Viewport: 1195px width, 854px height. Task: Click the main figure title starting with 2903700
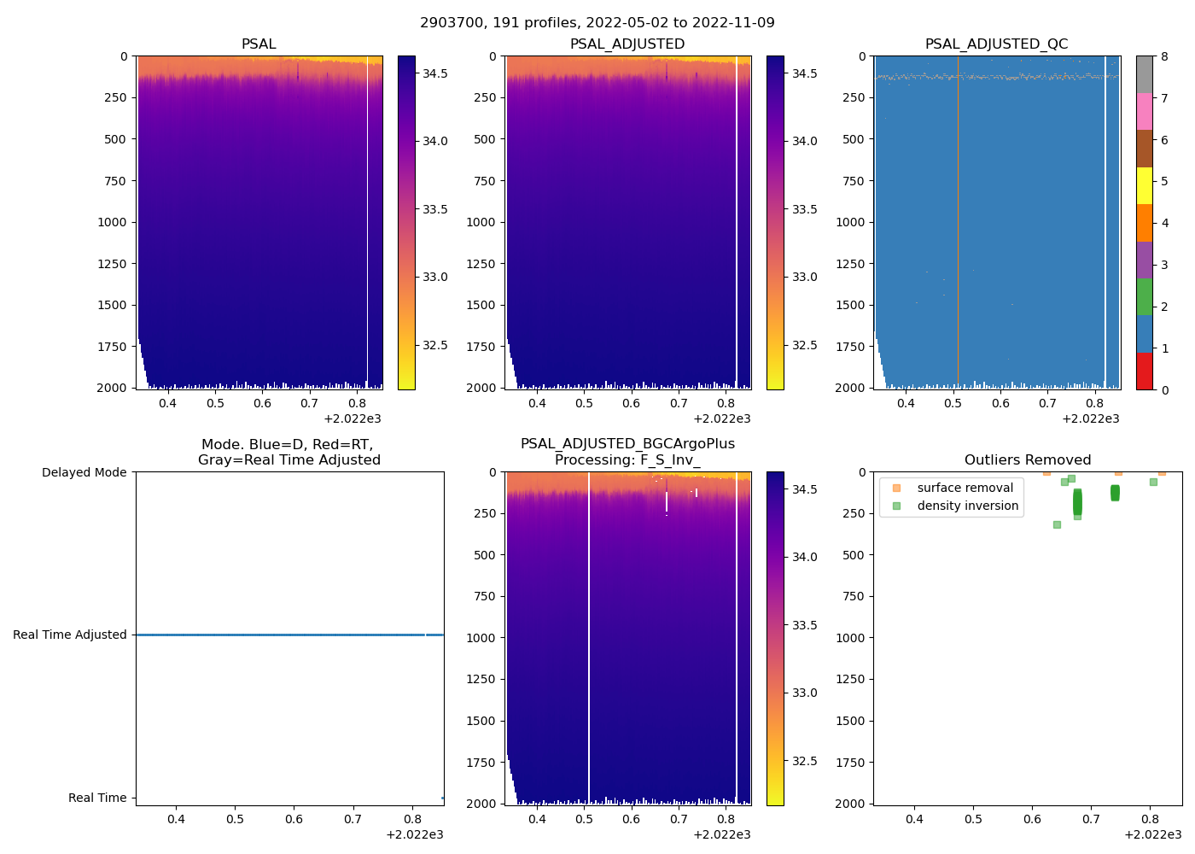pyautogui.click(x=597, y=23)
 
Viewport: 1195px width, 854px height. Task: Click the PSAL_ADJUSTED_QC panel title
pyautogui.click(x=996, y=44)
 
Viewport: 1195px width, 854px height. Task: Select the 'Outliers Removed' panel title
pyautogui.click(x=1028, y=460)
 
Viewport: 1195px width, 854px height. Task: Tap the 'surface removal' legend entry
pyautogui.click(x=965, y=488)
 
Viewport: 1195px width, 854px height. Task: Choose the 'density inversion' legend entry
pyautogui.click(x=967, y=506)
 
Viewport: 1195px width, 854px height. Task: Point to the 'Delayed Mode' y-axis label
pyautogui.click(x=84, y=472)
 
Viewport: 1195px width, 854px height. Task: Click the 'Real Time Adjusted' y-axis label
pyautogui.click(x=69, y=635)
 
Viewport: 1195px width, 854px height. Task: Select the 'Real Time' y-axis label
pyautogui.click(x=97, y=798)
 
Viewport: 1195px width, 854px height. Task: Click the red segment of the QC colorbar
pyautogui.click(x=1144, y=371)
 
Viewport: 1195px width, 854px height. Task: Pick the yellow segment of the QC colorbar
pyautogui.click(x=1144, y=185)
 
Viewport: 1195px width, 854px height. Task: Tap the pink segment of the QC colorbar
pyautogui.click(x=1144, y=111)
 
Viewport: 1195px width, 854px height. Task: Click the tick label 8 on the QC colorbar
pyautogui.click(x=1164, y=56)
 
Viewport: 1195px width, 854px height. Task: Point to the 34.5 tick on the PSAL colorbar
pyautogui.click(x=435, y=73)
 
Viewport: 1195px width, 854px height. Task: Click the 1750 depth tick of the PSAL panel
pyautogui.click(x=112, y=347)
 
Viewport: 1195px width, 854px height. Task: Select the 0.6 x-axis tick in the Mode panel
pyautogui.click(x=294, y=819)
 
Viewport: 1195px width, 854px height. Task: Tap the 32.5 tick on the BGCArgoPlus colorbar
pyautogui.click(x=804, y=761)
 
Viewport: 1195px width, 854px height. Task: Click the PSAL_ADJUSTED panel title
pyautogui.click(x=627, y=44)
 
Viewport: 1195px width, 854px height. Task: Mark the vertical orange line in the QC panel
pyautogui.click(x=958, y=222)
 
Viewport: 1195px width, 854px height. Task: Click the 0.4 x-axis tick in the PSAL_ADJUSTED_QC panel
pyautogui.click(x=906, y=403)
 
